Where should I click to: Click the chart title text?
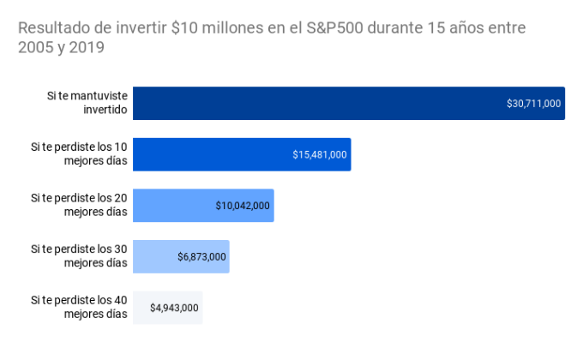271,38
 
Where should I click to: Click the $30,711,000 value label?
533,104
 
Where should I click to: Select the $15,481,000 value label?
320,155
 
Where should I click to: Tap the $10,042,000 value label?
243,206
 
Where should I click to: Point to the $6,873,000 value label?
201,257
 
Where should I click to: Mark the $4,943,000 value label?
174,308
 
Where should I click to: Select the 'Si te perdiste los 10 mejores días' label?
79,153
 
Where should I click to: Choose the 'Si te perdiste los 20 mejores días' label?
79,205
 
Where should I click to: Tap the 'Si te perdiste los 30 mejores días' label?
79,256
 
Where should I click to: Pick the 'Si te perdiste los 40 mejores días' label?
79,307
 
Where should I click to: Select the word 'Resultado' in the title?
50,28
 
